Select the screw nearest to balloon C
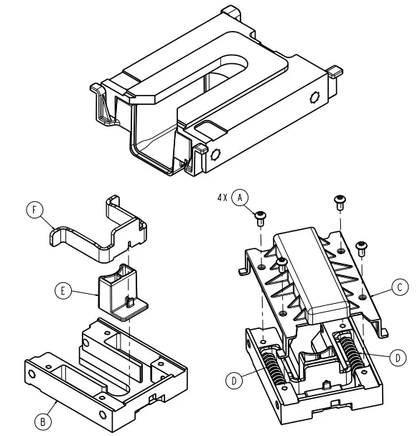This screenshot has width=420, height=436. click(x=362, y=246)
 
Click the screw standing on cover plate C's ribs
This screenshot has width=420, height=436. click(x=283, y=264)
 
